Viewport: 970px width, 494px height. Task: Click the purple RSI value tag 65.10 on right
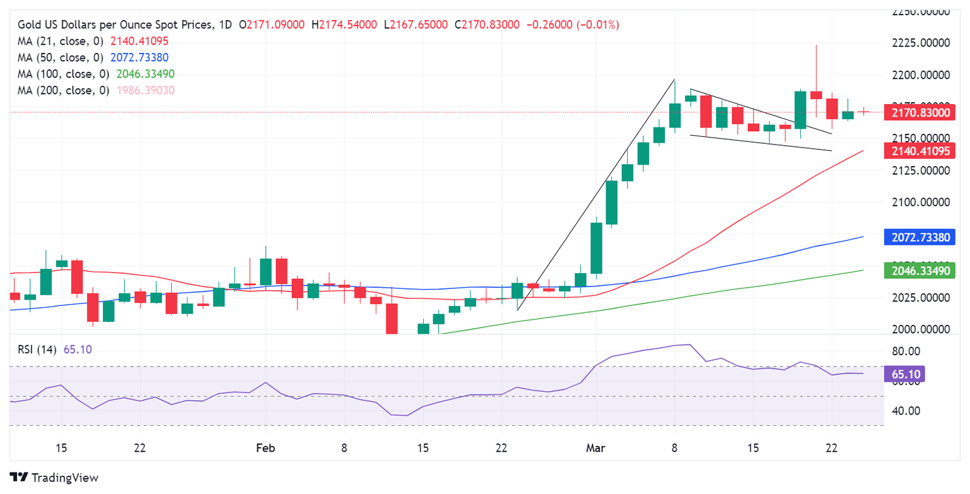point(908,374)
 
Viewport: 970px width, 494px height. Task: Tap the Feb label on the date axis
point(266,448)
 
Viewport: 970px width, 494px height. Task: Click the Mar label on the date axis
point(596,448)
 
